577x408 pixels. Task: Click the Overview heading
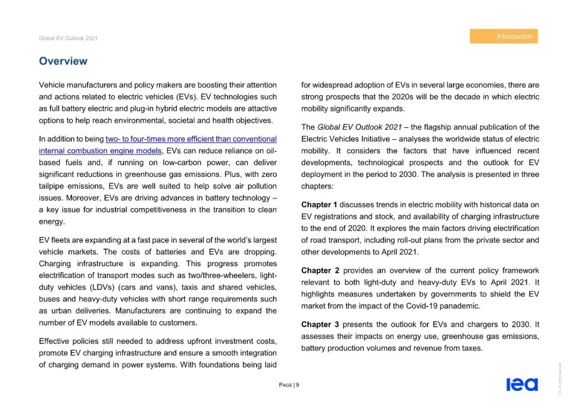coord(63,61)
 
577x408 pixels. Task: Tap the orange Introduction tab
coord(504,36)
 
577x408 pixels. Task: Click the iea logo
coord(522,384)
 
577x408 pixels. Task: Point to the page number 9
coord(297,385)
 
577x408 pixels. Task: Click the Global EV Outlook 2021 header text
coord(68,39)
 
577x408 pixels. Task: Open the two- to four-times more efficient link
coord(191,139)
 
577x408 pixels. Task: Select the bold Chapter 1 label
coord(319,205)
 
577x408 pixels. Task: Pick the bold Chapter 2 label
coord(319,271)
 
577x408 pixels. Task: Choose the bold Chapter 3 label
coord(319,325)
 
